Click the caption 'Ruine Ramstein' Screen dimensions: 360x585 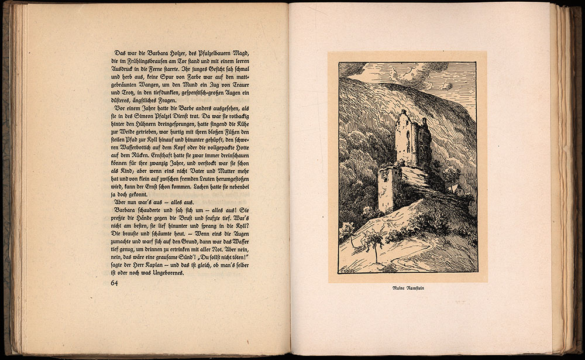[x=407, y=288]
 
